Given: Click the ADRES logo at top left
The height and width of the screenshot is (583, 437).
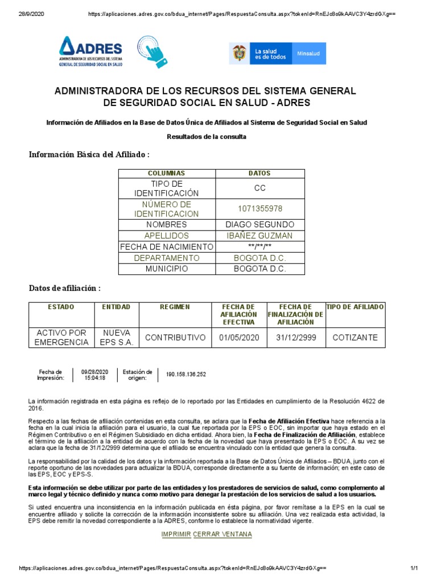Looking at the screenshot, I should (91, 52).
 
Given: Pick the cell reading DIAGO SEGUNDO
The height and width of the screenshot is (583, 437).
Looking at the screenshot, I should (259, 225).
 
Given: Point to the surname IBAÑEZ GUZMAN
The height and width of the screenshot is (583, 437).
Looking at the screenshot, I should (259, 236).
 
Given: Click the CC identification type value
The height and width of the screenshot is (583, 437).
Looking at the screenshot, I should (259, 188).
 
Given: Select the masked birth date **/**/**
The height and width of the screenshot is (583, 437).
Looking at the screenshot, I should (259, 247).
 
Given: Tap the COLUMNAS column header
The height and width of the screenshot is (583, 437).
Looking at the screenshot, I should (166, 173).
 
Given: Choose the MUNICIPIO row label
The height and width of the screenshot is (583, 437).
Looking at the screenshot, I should (166, 269).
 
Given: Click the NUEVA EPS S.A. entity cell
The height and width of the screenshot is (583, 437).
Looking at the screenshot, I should (117, 337).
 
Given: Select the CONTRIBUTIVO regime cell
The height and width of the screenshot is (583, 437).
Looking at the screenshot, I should (175, 338).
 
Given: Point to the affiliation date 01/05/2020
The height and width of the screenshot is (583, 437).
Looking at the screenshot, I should (239, 338).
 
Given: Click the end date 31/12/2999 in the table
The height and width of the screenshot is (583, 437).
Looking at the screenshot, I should (296, 338).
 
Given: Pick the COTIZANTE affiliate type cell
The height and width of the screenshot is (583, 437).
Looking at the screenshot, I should (354, 338).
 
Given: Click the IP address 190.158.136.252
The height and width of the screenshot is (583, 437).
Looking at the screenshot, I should (186, 375).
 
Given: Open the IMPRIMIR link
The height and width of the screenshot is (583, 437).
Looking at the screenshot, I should (176, 534).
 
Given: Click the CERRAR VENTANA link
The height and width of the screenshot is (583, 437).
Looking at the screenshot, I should (222, 534).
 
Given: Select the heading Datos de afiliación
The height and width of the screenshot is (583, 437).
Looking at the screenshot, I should (65, 288).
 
